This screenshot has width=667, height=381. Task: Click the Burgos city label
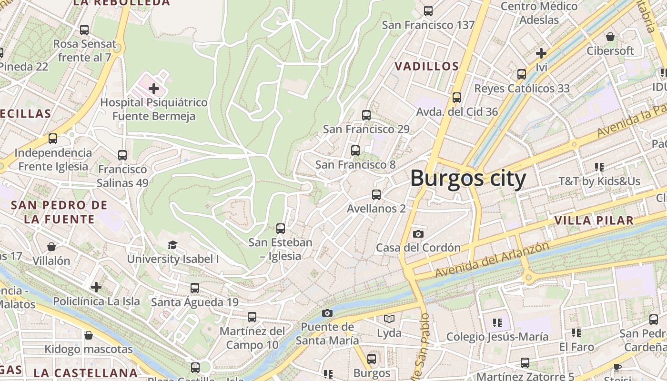(468, 179)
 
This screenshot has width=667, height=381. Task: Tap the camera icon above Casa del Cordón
(418, 234)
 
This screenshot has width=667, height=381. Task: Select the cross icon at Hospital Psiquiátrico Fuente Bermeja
(154, 89)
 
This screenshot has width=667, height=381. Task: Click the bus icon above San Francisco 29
(366, 115)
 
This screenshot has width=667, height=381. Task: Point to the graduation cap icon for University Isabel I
(172, 245)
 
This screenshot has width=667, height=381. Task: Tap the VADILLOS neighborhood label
(427, 66)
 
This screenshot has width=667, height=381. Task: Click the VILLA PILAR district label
(594, 221)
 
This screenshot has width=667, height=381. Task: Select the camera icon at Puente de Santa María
(327, 313)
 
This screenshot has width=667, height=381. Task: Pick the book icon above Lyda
(389, 319)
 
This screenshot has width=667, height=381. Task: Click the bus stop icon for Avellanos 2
(376, 194)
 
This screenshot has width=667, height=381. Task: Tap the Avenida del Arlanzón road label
(492, 260)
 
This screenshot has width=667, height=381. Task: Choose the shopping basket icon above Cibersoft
(610, 37)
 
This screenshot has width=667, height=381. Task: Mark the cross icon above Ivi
(541, 53)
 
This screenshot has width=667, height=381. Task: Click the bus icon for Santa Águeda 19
(194, 288)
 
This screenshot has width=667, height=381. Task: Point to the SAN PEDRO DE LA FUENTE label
(59, 212)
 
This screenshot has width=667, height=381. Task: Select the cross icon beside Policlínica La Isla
(96, 287)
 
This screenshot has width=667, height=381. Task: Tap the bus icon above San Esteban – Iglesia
(280, 228)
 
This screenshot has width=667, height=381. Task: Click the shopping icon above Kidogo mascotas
(88, 335)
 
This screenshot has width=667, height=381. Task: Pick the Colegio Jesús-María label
(497, 337)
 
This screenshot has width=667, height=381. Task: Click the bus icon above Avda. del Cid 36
(456, 97)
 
